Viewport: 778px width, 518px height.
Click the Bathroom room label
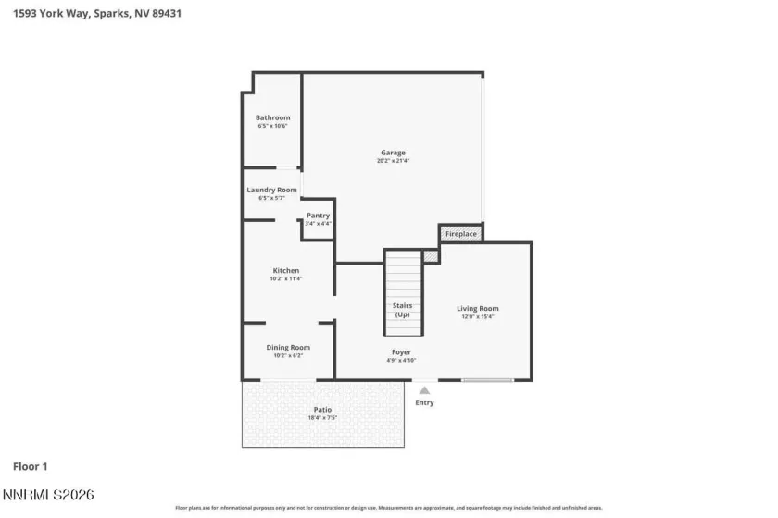[x=272, y=117]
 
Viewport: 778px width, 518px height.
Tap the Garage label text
[x=393, y=153]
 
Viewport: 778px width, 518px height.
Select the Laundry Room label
[x=271, y=190]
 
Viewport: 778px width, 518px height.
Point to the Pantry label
[x=318, y=216]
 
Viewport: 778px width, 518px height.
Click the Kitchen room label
[x=285, y=270]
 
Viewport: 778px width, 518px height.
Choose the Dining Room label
[x=287, y=347]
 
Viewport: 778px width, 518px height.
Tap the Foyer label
[x=401, y=351]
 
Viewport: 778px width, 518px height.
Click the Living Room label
[x=477, y=308]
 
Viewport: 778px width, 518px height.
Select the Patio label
[x=322, y=409]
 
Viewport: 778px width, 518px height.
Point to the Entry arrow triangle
[x=424, y=390]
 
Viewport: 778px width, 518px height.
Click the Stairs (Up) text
[x=403, y=310]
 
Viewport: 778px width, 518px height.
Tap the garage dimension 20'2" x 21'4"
[x=393, y=161]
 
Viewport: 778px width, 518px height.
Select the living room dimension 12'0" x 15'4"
[x=477, y=316]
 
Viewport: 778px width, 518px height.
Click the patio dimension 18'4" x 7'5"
[x=322, y=417]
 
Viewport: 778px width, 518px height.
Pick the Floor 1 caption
[x=30, y=466]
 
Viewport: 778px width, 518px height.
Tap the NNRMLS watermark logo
[x=48, y=497]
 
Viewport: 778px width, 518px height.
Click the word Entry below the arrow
[x=424, y=402]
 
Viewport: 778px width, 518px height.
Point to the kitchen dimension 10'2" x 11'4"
[x=285, y=278]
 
